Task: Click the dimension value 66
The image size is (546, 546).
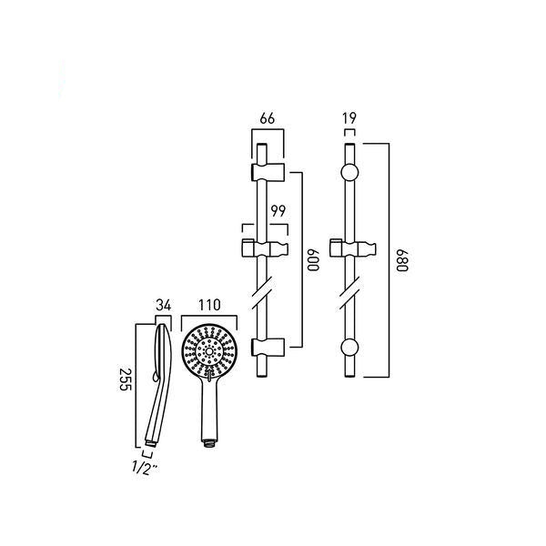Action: click(x=267, y=118)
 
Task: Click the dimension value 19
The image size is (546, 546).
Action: click(x=349, y=118)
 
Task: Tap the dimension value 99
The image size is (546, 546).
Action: click(x=278, y=211)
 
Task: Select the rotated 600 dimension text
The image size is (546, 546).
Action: click(x=313, y=260)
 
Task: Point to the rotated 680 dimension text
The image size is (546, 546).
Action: click(x=402, y=260)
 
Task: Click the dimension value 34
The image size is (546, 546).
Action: click(x=163, y=306)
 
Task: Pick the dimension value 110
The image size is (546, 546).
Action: click(x=209, y=305)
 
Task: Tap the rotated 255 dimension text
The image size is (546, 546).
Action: click(x=125, y=379)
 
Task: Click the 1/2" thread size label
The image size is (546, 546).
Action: click(x=145, y=468)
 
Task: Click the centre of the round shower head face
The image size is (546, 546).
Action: click(x=209, y=351)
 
